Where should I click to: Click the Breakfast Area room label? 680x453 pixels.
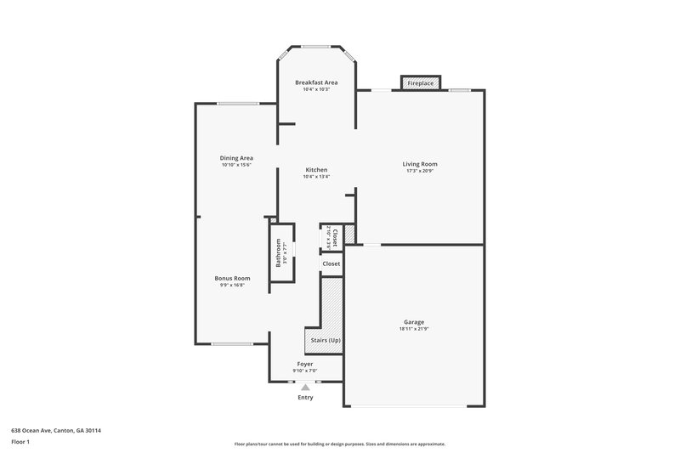tap(316, 82)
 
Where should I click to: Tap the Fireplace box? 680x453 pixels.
tap(421, 83)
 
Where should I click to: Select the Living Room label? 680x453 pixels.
tap(420, 164)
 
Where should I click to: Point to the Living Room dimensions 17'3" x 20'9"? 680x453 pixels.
tap(420, 171)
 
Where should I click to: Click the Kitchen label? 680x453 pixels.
tap(316, 170)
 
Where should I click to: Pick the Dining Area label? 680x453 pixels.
tap(236, 158)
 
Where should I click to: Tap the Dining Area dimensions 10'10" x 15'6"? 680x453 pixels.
tap(236, 165)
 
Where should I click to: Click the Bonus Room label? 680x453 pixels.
tap(232, 278)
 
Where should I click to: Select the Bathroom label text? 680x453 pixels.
tap(278, 253)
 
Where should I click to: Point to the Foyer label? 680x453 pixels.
tap(304, 364)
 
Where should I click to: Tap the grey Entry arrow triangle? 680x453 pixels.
tap(305, 387)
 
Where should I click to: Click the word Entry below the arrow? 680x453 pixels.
tap(305, 397)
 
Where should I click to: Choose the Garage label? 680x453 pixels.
tap(414, 322)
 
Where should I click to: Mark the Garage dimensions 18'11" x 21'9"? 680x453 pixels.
tap(414, 329)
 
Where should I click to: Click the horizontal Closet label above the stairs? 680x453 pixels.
tap(331, 263)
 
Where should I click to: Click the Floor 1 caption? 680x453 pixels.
tap(20, 443)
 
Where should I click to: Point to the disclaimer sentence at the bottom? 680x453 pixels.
tap(339, 444)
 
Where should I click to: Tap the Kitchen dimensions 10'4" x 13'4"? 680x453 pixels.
tap(316, 177)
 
